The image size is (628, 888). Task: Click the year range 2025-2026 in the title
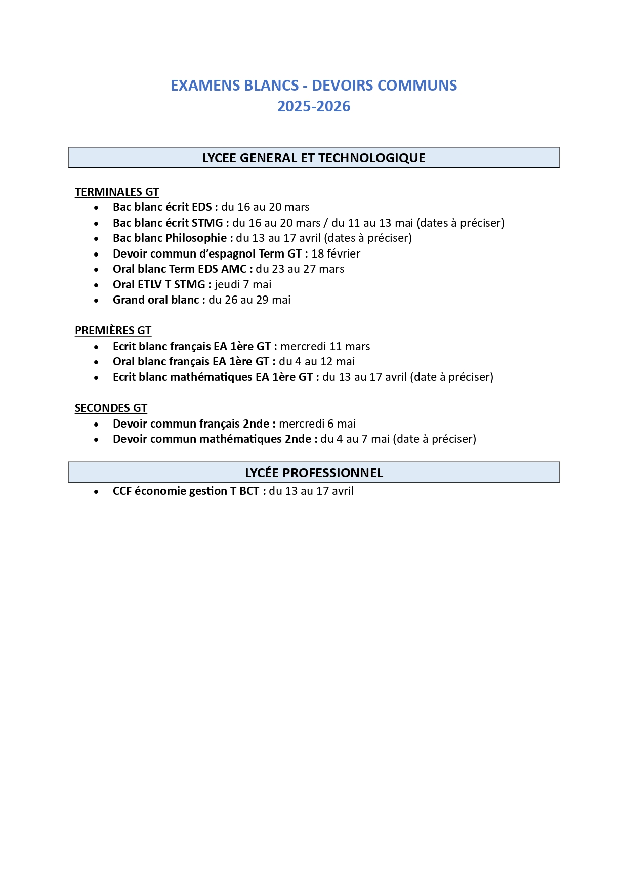pyautogui.click(x=314, y=106)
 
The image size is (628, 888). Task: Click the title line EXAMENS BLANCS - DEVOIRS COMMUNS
pyautogui.click(x=314, y=86)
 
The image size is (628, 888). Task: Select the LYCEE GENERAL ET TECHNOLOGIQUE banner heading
pyautogui.click(x=314, y=158)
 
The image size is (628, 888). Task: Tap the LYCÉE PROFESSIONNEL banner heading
pyautogui.click(x=314, y=473)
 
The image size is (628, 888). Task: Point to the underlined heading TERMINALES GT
pyautogui.click(x=117, y=192)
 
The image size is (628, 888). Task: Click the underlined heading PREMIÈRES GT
pyautogui.click(x=113, y=331)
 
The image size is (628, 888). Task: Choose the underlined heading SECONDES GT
pyautogui.click(x=111, y=408)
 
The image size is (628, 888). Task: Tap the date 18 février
pyautogui.click(x=336, y=253)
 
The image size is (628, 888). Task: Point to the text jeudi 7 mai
pyautogui.click(x=243, y=284)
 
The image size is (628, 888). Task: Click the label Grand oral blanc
pyautogui.click(x=156, y=300)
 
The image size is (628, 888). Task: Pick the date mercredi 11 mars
pyautogui.click(x=325, y=347)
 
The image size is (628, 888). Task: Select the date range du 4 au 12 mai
pyautogui.click(x=317, y=362)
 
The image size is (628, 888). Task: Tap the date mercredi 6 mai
pyautogui.click(x=317, y=424)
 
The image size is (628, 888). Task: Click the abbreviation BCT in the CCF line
pyautogui.click(x=249, y=491)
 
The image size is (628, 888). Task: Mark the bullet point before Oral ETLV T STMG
pyautogui.click(x=96, y=285)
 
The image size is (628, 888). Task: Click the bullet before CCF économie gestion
pyautogui.click(x=96, y=492)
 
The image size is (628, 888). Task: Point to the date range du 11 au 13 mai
pyautogui.click(x=372, y=223)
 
